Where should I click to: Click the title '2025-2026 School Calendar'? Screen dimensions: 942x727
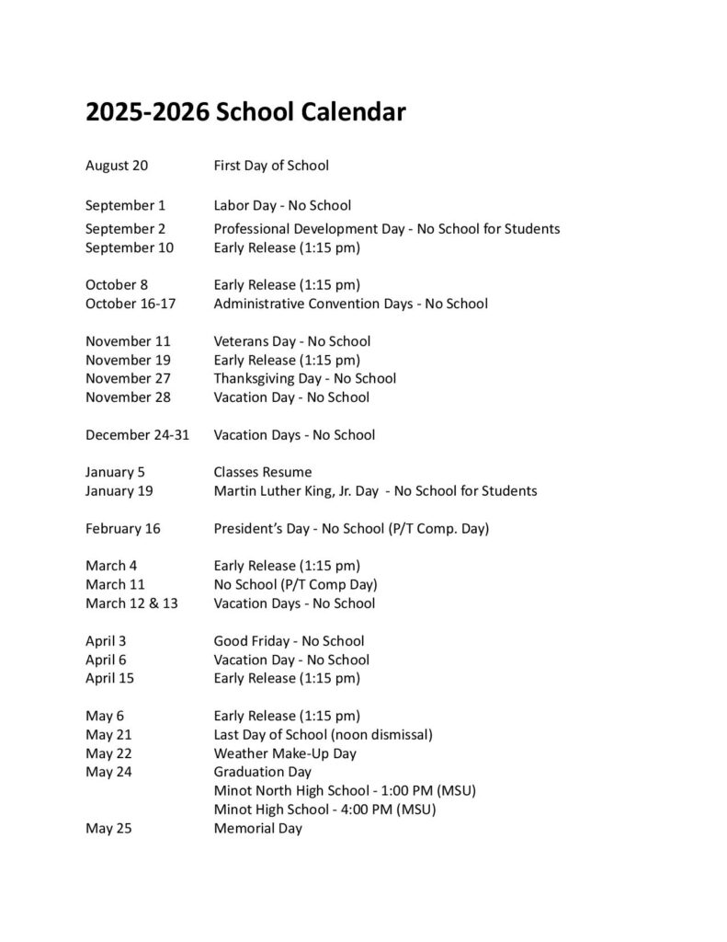click(x=245, y=113)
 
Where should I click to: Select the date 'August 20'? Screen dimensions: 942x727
click(x=117, y=166)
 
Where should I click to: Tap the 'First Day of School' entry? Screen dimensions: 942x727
click(x=271, y=166)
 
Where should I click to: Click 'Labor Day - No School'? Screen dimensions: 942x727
click(x=282, y=205)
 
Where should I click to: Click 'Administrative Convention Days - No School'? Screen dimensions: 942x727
click(x=350, y=304)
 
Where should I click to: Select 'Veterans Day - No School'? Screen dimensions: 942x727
click(x=291, y=341)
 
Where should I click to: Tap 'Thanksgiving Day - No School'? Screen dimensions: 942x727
click(x=305, y=378)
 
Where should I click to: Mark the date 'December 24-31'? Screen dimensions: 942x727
click(x=137, y=434)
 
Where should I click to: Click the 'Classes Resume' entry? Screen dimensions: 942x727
click(x=263, y=472)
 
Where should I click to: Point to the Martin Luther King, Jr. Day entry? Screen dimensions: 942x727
click(x=375, y=491)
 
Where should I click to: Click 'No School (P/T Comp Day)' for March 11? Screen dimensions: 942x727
click(x=295, y=584)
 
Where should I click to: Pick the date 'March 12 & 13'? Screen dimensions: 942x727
click(x=131, y=603)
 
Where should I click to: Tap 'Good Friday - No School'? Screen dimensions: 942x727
click(x=289, y=641)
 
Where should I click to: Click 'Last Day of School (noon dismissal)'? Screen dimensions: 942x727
click(x=323, y=734)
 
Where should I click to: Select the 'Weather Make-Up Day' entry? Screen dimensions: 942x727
click(x=285, y=753)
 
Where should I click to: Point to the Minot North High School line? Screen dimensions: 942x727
click(x=345, y=790)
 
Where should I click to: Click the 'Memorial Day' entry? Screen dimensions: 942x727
click(x=257, y=829)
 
